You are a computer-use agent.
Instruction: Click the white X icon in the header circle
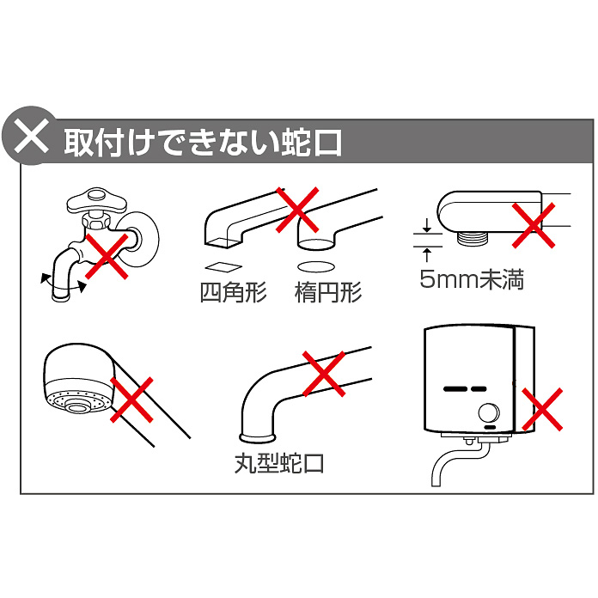click(x=31, y=136)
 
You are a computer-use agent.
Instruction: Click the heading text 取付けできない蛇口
click(x=203, y=143)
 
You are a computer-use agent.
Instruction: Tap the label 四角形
click(x=233, y=292)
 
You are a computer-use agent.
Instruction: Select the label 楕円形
click(x=328, y=292)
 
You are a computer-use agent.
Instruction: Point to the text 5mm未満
click(x=472, y=279)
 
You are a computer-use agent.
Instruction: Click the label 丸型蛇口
click(x=279, y=463)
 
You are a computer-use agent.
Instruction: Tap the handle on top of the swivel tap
click(x=95, y=200)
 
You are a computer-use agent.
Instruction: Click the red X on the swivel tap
click(x=107, y=256)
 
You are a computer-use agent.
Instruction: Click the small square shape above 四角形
click(x=223, y=267)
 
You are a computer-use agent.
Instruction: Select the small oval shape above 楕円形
click(x=316, y=267)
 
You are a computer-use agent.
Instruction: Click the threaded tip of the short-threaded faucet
click(x=473, y=238)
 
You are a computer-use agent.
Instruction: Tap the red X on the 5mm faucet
click(x=534, y=225)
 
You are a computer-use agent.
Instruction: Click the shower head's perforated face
click(x=78, y=402)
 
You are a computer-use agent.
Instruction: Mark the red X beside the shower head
click(x=131, y=400)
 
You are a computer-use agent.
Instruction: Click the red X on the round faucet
click(x=324, y=374)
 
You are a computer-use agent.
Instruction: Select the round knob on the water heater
click(x=489, y=413)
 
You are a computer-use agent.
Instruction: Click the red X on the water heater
click(x=542, y=409)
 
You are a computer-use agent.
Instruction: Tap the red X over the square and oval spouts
click(x=297, y=210)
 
